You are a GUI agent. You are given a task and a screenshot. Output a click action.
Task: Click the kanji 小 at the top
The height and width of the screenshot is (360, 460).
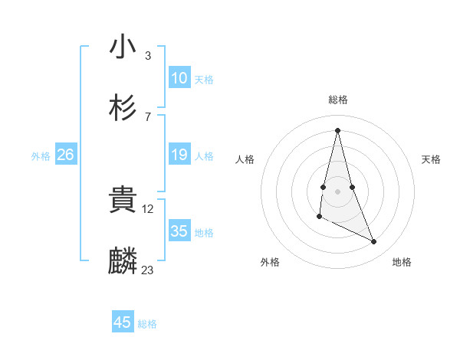(123, 47)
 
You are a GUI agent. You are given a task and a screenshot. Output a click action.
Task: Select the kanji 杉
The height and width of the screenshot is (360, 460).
(123, 108)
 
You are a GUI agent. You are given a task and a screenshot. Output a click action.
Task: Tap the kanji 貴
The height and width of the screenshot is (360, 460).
(123, 200)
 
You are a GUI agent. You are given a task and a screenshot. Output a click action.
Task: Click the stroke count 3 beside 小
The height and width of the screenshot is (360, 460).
(147, 55)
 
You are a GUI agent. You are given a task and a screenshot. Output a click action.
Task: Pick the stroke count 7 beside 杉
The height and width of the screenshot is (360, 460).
(147, 116)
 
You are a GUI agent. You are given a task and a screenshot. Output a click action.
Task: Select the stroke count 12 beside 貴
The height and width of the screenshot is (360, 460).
(149, 208)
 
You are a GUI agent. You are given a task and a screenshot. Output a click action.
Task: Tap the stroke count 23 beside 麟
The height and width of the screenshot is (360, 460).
(148, 270)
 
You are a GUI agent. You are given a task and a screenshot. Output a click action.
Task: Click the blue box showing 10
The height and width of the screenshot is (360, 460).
(179, 78)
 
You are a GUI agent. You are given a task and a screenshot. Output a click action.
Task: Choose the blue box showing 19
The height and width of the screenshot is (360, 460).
(179, 155)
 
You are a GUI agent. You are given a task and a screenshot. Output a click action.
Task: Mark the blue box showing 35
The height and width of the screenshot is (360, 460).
(179, 231)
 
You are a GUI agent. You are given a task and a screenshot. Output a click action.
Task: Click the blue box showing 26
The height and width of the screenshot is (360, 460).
(65, 155)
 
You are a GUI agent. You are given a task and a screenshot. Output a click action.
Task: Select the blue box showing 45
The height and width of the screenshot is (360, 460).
(123, 322)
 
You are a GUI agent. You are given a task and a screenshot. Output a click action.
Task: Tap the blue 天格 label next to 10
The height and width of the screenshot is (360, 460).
(204, 80)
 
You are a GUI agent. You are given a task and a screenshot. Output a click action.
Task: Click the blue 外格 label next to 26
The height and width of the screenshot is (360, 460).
(41, 156)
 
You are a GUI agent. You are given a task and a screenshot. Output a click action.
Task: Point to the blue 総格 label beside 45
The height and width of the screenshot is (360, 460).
(147, 324)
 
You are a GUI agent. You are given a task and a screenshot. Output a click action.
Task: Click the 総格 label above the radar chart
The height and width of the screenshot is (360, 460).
(338, 100)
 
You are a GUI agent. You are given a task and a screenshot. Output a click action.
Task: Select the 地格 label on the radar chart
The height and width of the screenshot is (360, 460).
(402, 262)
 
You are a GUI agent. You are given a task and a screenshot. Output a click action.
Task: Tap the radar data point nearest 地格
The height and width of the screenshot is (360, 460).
(374, 242)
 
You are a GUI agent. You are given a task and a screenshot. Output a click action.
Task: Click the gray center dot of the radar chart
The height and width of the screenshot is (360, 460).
(338, 191)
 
